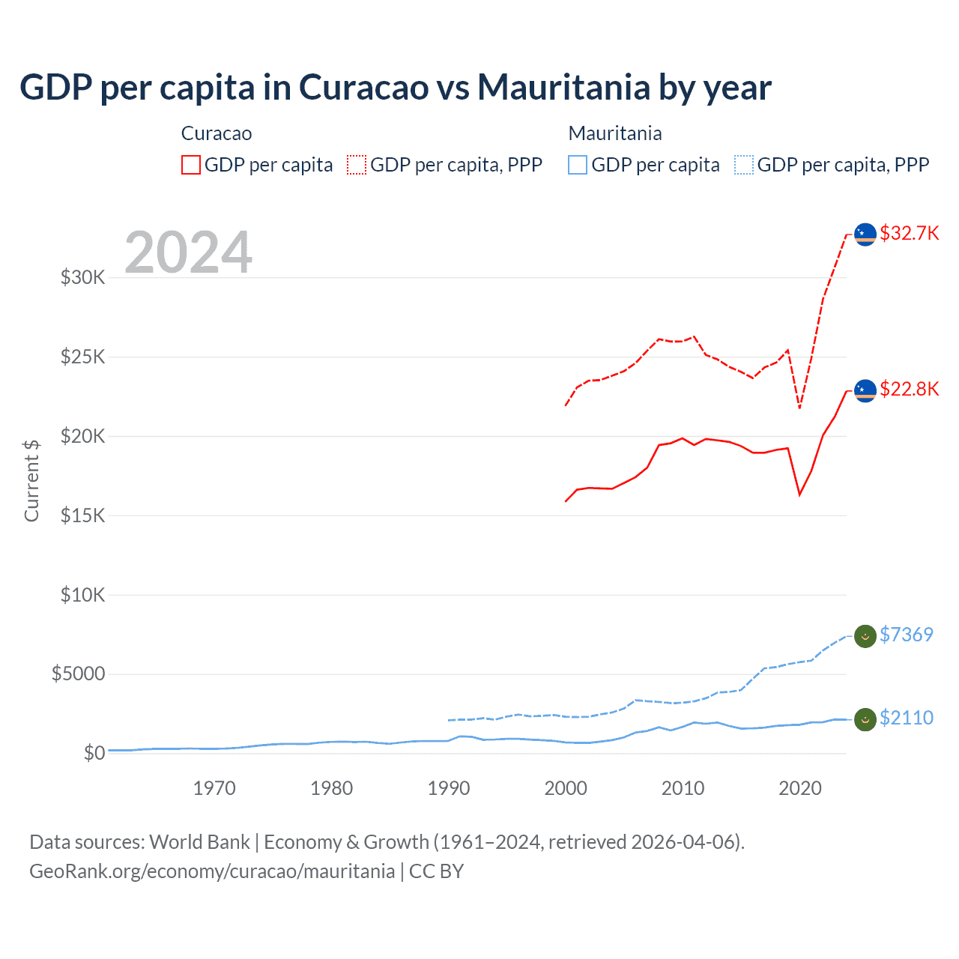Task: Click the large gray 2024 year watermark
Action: [x=188, y=252]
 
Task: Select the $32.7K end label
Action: [x=909, y=233]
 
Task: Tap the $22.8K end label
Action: [x=909, y=389]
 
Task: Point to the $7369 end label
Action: [x=906, y=635]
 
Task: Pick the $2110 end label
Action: [x=906, y=718]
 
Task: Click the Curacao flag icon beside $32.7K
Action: [x=865, y=234]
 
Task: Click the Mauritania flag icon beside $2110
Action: [x=865, y=719]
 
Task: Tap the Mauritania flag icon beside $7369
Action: [x=865, y=636]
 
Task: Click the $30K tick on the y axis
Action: [x=82, y=278]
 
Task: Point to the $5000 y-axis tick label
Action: [x=78, y=674]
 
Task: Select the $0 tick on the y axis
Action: [x=94, y=753]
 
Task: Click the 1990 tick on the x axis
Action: [x=448, y=788]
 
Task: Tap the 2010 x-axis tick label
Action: [x=683, y=788]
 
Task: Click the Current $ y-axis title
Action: [x=31, y=480]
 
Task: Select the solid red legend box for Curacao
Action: [x=191, y=165]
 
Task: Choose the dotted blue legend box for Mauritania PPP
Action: [x=744, y=165]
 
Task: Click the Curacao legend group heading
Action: [x=217, y=133]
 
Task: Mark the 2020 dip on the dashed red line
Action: [x=799, y=408]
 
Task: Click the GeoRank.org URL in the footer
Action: [x=212, y=871]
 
